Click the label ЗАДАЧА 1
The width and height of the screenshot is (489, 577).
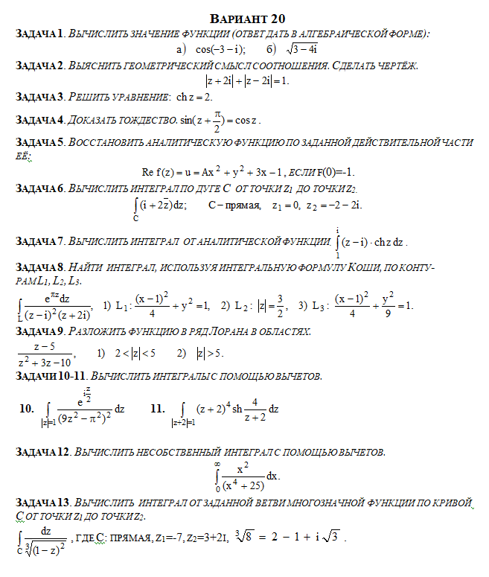[x=38, y=34]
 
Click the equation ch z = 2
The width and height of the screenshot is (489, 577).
[x=193, y=98]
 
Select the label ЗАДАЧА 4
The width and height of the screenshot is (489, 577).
[x=38, y=120]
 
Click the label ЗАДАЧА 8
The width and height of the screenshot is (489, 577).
[x=38, y=267]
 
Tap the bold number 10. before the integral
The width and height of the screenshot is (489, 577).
[x=27, y=408]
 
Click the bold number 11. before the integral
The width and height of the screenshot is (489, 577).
[x=157, y=408]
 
